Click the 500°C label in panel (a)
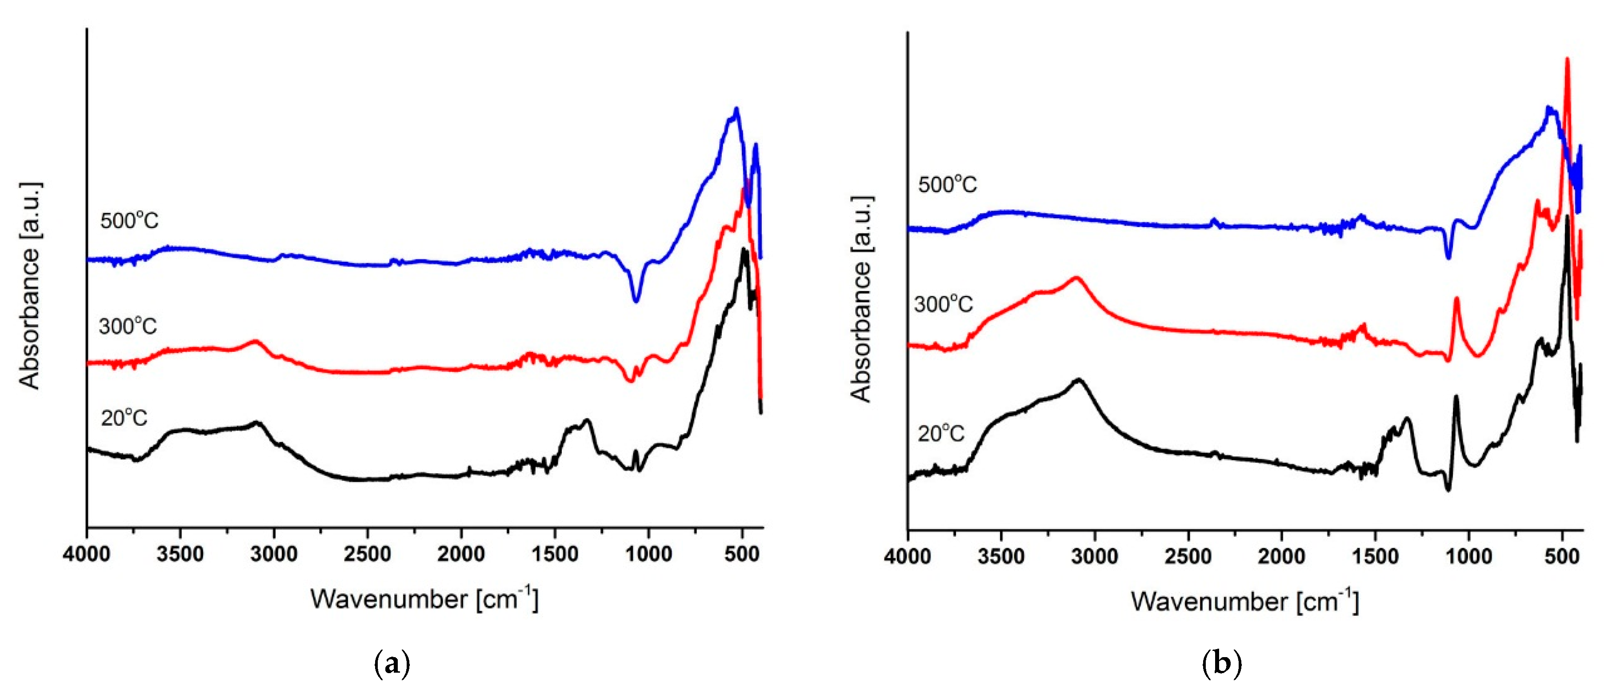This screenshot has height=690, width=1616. pyautogui.click(x=129, y=221)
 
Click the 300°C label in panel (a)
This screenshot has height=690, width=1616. pyautogui.click(x=128, y=326)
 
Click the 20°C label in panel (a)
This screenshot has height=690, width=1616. pyautogui.click(x=124, y=418)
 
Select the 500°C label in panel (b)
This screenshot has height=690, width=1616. pyautogui.click(x=947, y=184)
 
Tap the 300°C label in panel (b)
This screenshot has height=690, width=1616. pyautogui.click(x=943, y=305)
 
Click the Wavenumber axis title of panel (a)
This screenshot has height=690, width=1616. pyautogui.click(x=424, y=598)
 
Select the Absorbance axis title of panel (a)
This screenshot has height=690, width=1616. pyautogui.click(x=30, y=285)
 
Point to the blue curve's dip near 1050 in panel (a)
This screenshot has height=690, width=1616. pyautogui.click(x=636, y=300)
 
